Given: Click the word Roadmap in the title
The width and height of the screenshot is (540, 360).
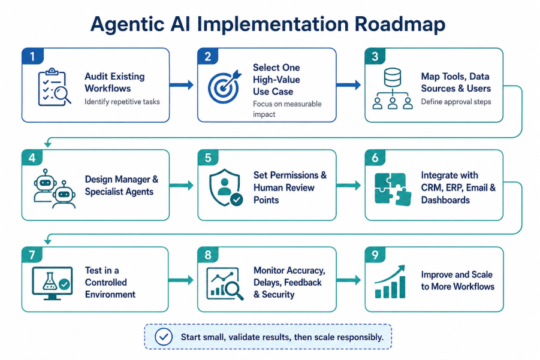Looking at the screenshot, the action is click(x=400, y=24).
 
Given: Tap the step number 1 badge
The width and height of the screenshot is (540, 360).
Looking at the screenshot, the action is click(x=32, y=56).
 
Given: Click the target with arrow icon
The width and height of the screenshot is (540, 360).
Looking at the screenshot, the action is click(x=225, y=87).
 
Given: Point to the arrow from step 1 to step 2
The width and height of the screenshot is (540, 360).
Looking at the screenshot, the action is click(x=182, y=84).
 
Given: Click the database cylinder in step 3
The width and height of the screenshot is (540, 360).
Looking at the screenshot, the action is click(x=392, y=77).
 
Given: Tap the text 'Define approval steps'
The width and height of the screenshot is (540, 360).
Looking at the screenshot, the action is click(x=456, y=102).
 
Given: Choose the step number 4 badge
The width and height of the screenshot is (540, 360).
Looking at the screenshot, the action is click(x=32, y=158).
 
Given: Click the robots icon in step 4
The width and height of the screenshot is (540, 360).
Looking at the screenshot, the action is click(x=55, y=188).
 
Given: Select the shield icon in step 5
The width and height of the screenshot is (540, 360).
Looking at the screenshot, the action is click(x=225, y=187).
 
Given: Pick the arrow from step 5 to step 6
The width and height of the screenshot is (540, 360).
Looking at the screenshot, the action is click(x=349, y=186).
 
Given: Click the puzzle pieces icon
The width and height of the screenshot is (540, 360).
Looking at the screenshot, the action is click(x=393, y=189).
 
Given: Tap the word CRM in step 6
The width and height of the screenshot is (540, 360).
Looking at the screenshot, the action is click(x=432, y=187).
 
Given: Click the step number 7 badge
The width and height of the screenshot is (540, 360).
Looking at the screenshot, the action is click(x=32, y=255).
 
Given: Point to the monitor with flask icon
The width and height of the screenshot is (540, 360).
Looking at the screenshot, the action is click(x=52, y=283).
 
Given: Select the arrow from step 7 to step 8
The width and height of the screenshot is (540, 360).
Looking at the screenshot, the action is click(x=181, y=280).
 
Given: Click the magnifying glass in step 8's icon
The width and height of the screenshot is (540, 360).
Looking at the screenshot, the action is click(x=233, y=290).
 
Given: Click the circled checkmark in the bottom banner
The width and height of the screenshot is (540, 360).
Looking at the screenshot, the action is click(x=164, y=337).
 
